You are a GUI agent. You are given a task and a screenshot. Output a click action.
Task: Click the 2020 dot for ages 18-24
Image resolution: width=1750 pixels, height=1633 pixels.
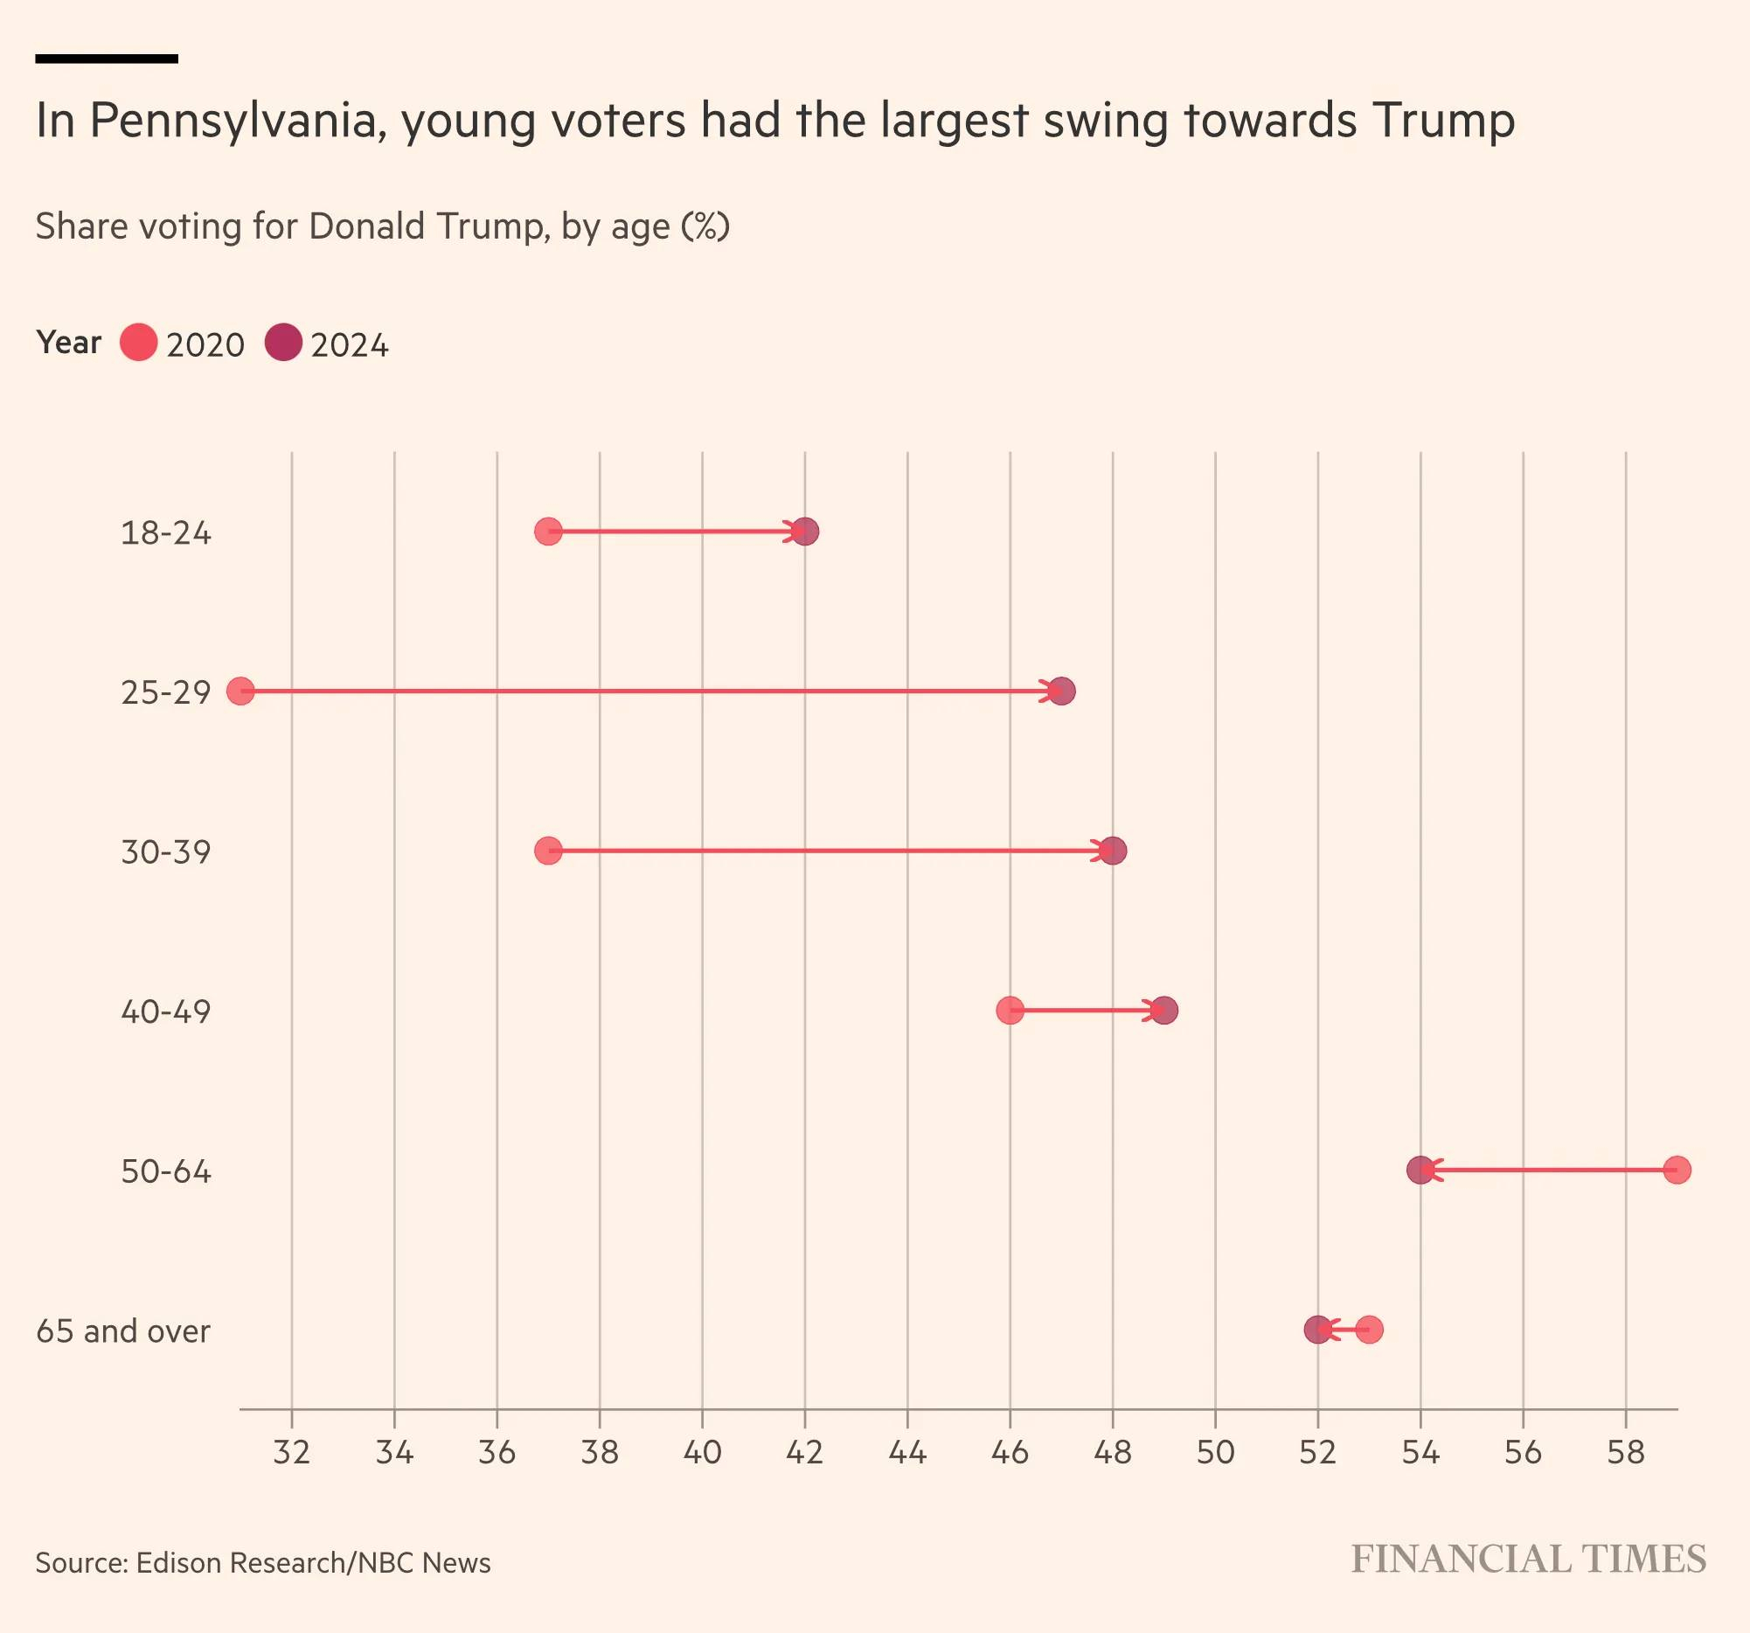547,532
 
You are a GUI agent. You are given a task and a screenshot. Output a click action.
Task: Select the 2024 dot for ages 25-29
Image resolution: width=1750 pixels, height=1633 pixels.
1063,691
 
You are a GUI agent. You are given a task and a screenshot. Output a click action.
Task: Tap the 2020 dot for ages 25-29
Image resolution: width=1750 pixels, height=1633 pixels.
240,691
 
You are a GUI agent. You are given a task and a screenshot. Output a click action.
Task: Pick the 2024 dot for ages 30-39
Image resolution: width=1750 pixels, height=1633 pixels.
1114,851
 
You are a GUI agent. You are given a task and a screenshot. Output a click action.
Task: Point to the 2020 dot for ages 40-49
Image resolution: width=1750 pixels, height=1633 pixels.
1010,1011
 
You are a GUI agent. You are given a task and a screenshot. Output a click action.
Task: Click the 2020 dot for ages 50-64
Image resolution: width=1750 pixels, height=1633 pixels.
1677,1170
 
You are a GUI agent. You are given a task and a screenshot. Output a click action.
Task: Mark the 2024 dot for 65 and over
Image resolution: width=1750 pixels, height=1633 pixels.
1317,1330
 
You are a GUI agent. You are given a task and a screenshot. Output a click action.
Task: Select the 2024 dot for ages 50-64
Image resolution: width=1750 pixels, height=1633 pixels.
1420,1170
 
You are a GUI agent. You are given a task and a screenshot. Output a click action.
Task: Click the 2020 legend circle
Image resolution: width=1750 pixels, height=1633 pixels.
138,343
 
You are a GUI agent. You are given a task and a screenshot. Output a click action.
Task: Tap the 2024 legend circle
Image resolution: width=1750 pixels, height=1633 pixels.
283,343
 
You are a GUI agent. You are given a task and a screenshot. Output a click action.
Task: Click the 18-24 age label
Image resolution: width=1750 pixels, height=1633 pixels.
165,533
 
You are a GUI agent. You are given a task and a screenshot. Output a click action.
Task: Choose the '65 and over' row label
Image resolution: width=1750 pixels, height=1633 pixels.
123,1331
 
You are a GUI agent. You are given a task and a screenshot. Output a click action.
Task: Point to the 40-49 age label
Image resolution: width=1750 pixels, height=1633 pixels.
165,1012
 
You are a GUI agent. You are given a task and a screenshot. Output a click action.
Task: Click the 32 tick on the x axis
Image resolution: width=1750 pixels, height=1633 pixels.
291,1452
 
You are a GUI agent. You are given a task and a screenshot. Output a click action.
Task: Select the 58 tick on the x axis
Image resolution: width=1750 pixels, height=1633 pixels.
1625,1452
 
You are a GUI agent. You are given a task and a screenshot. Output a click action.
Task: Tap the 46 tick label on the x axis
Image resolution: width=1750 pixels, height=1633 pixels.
1010,1452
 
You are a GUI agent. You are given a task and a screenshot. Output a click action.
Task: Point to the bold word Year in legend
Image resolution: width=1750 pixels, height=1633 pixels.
69,343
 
